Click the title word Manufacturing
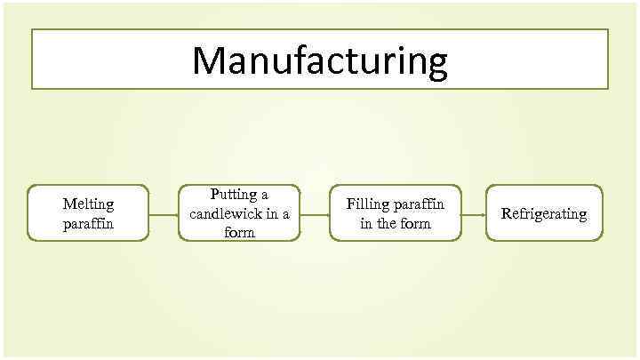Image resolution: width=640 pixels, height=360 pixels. (x=320, y=60)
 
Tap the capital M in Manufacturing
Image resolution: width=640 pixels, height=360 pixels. (x=211, y=60)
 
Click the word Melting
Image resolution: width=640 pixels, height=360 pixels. (x=88, y=204)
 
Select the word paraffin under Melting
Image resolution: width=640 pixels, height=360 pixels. (x=88, y=223)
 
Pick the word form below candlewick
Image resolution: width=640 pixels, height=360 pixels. (x=239, y=232)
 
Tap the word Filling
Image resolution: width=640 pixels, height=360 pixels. (x=367, y=204)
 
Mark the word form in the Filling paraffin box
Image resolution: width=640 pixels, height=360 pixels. (x=415, y=223)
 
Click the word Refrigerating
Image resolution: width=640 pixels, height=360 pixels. (x=544, y=214)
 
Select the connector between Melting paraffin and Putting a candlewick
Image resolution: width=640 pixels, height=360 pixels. (x=163, y=214)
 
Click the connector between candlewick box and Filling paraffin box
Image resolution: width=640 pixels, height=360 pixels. (x=315, y=214)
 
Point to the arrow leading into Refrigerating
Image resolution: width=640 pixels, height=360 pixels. (x=473, y=214)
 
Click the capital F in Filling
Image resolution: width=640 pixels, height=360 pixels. (x=351, y=204)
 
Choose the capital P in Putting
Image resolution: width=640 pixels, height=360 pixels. (x=214, y=194)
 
